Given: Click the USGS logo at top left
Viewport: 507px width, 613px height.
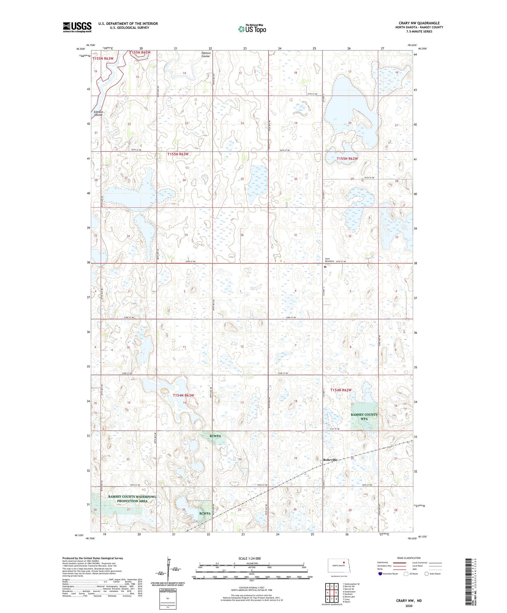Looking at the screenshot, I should tap(77, 27).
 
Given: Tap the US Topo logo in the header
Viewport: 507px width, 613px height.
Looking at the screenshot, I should tap(252, 29).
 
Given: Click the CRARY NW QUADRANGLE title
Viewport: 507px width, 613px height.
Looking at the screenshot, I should tap(419, 23).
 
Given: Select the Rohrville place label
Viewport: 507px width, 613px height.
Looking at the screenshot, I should tap(330, 460).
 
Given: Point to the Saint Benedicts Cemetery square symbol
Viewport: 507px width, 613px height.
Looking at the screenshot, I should tap(325, 267).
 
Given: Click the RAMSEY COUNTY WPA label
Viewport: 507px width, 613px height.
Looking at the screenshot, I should tap(364, 417).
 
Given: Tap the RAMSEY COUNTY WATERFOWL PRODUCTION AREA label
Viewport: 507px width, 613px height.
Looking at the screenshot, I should tap(132, 499).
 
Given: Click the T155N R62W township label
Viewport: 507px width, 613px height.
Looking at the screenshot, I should tap(347, 159).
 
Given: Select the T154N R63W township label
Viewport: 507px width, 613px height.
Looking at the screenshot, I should tap(183, 395).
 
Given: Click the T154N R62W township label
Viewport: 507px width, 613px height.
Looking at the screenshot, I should tap(340, 390).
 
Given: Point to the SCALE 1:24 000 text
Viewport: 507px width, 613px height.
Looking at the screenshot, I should tap(249, 558).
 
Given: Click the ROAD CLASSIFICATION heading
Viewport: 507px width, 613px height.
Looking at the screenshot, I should tap(408, 558).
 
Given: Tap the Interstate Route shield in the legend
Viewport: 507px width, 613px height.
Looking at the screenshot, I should tap(380, 574).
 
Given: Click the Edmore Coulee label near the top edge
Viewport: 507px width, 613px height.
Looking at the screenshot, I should tap(206, 54).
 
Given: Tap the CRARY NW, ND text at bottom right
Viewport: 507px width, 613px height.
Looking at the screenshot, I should tap(409, 600).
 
